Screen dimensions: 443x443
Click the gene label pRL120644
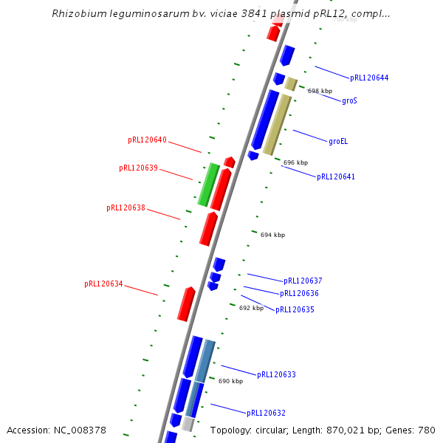369,78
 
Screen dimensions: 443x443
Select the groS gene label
349,100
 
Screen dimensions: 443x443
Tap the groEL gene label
337,141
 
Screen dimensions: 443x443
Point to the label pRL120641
336,177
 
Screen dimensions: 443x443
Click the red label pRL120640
147,140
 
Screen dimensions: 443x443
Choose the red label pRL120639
138,168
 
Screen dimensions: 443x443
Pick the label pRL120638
126,208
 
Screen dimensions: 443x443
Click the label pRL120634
103,284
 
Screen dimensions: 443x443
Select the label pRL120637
303,281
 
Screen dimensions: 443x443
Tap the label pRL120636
299,294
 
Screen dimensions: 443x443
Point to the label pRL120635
295,310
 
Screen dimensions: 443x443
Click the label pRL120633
276,375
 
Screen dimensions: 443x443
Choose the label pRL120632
266,413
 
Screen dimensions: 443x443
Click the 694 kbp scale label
272,235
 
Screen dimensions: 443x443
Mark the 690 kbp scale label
230,382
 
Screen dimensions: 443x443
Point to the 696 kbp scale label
295,162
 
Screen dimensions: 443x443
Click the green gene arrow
208,185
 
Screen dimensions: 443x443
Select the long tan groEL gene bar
277,124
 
